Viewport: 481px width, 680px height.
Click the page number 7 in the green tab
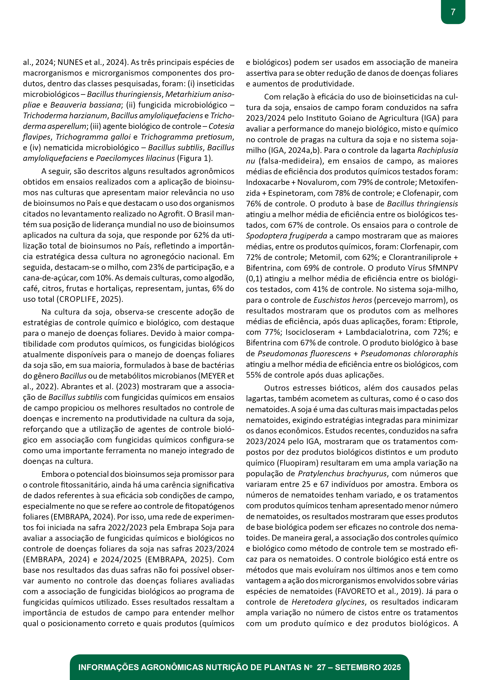tap(453, 12)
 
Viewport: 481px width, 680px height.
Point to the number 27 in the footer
tap(321, 667)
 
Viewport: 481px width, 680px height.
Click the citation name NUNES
tap(70, 62)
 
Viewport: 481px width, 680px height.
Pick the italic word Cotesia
tap(221, 126)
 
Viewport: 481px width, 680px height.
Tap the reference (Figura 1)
tap(195, 158)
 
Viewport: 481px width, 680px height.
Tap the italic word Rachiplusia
tap(437, 150)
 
